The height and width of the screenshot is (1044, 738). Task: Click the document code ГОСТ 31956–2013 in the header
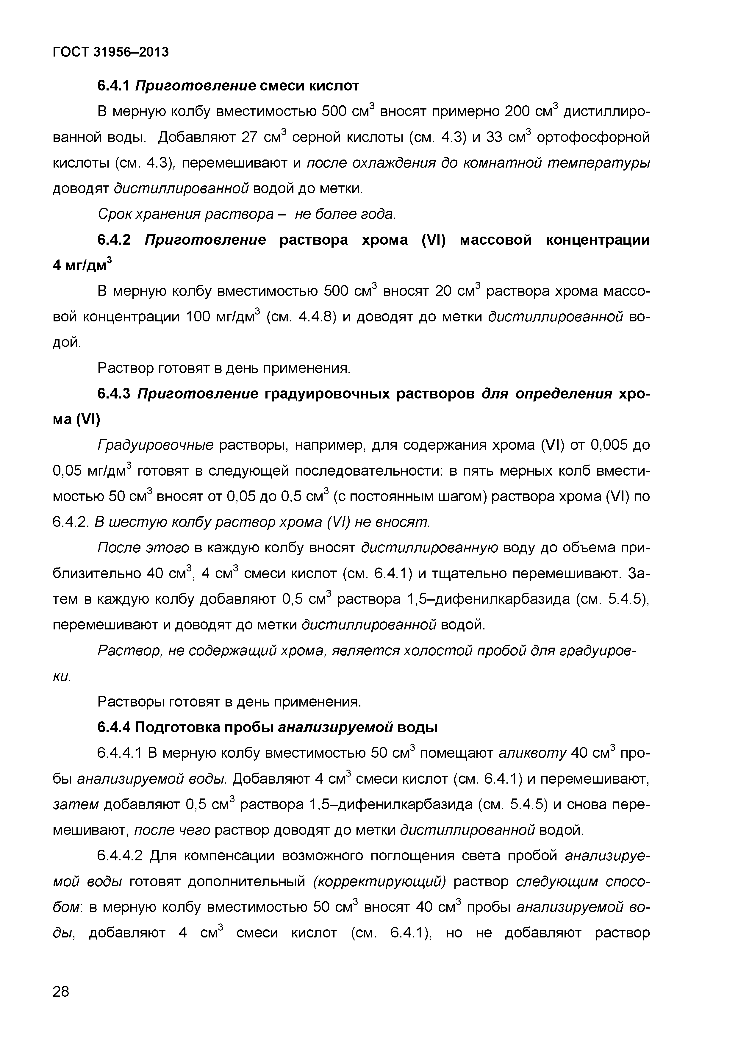coord(110,52)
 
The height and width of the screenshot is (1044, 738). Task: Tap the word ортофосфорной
coord(593,137)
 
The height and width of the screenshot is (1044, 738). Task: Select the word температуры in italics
coord(598,163)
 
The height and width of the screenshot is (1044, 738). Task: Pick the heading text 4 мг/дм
coord(82,265)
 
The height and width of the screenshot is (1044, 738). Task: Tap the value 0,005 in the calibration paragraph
coord(609,445)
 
